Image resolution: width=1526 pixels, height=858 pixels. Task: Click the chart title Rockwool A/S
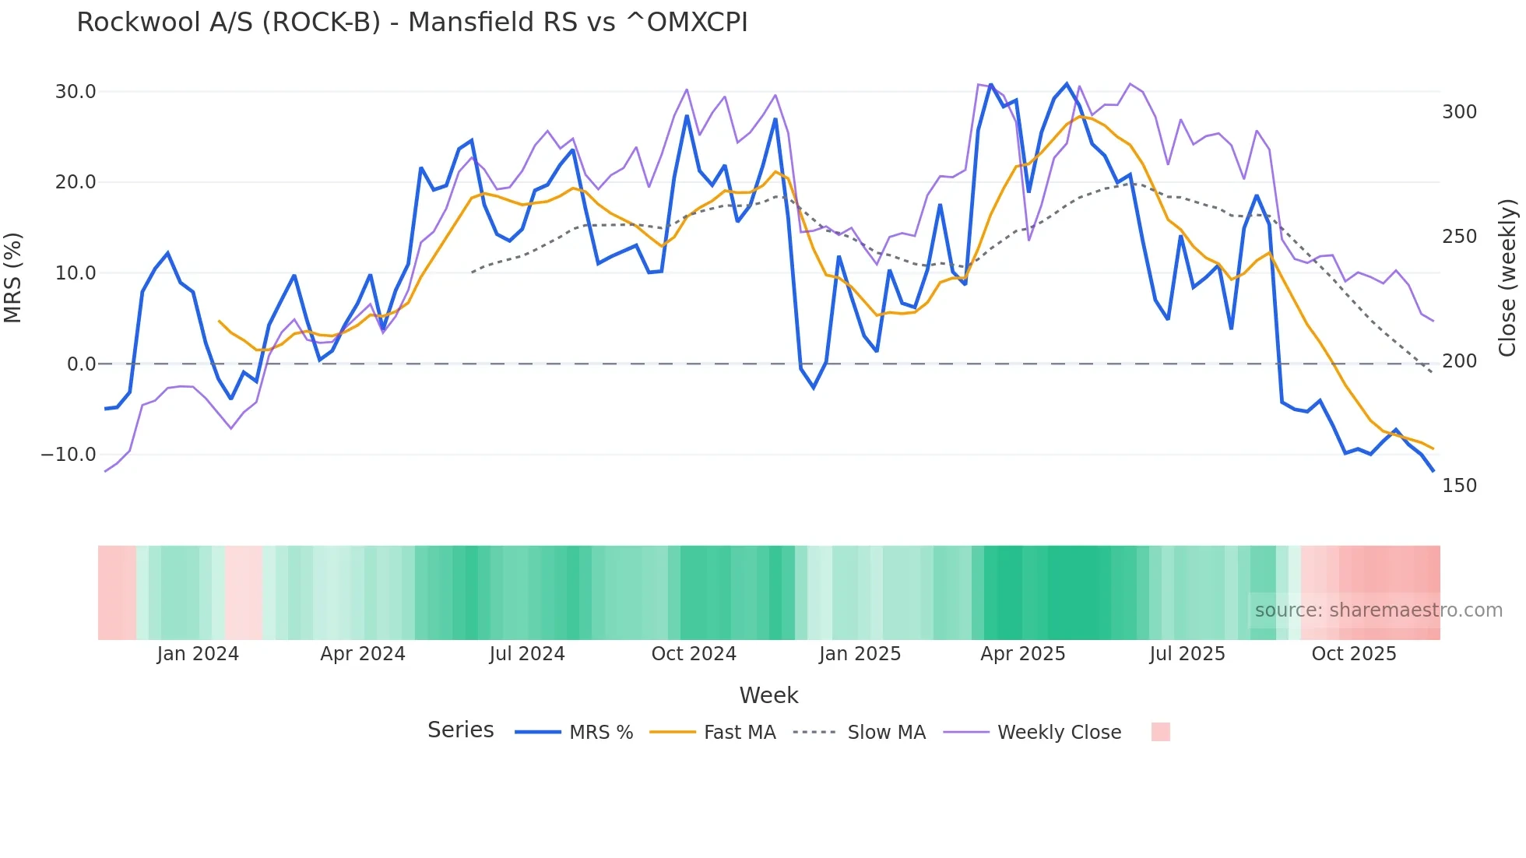(x=412, y=23)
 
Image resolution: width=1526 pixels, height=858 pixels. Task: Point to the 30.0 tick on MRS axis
(x=76, y=92)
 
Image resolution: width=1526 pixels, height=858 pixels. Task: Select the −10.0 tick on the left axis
(x=69, y=455)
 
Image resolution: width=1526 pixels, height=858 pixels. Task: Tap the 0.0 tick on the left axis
(x=81, y=364)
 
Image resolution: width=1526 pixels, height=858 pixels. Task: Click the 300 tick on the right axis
(x=1459, y=112)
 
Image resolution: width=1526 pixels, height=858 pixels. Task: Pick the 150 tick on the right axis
(x=1459, y=486)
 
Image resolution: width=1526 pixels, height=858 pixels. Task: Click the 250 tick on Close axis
(x=1459, y=237)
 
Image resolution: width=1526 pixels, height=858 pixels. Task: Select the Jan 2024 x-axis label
(x=198, y=654)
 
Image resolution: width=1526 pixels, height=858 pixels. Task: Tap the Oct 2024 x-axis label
(x=694, y=654)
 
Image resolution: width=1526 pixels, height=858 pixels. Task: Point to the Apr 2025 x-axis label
(x=1022, y=654)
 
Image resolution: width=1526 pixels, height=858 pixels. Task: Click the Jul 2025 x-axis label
(x=1187, y=654)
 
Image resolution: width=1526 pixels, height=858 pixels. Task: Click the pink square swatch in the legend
(x=1160, y=732)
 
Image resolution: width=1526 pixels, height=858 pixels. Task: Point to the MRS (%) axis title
(x=13, y=278)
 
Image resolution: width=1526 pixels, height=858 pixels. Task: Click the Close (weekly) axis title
(x=1507, y=278)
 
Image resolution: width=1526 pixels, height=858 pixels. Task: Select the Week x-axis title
(x=768, y=695)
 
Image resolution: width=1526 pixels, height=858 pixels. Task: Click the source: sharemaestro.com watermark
(x=1378, y=610)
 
